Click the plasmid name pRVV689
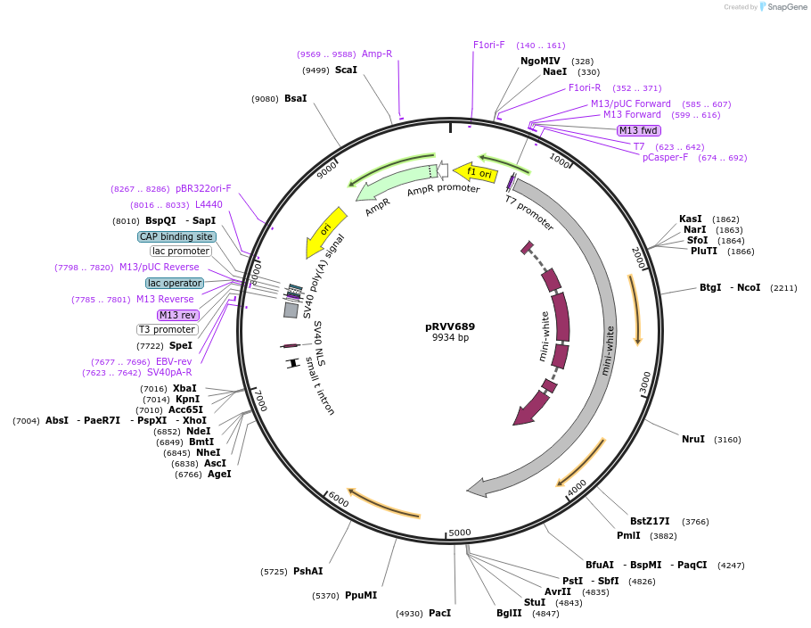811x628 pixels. [x=450, y=326]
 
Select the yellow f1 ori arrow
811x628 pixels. [x=475, y=172]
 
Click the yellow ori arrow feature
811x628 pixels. [x=327, y=231]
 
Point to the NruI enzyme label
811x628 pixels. [x=692, y=439]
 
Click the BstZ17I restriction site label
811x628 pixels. [x=650, y=522]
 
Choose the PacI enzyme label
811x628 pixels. [x=439, y=613]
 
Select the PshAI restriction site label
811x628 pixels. [x=308, y=571]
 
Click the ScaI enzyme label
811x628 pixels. [x=346, y=70]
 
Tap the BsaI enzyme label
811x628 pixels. [x=295, y=99]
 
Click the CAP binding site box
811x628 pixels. [x=176, y=236]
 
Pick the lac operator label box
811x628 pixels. [x=175, y=283]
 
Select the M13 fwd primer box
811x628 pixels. [x=638, y=130]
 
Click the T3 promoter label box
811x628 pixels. [x=167, y=329]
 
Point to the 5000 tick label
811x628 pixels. [x=459, y=533]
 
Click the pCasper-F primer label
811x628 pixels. [x=665, y=158]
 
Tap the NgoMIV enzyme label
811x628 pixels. [x=540, y=62]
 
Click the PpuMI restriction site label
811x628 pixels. [x=360, y=595]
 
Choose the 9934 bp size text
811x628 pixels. [x=450, y=338]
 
